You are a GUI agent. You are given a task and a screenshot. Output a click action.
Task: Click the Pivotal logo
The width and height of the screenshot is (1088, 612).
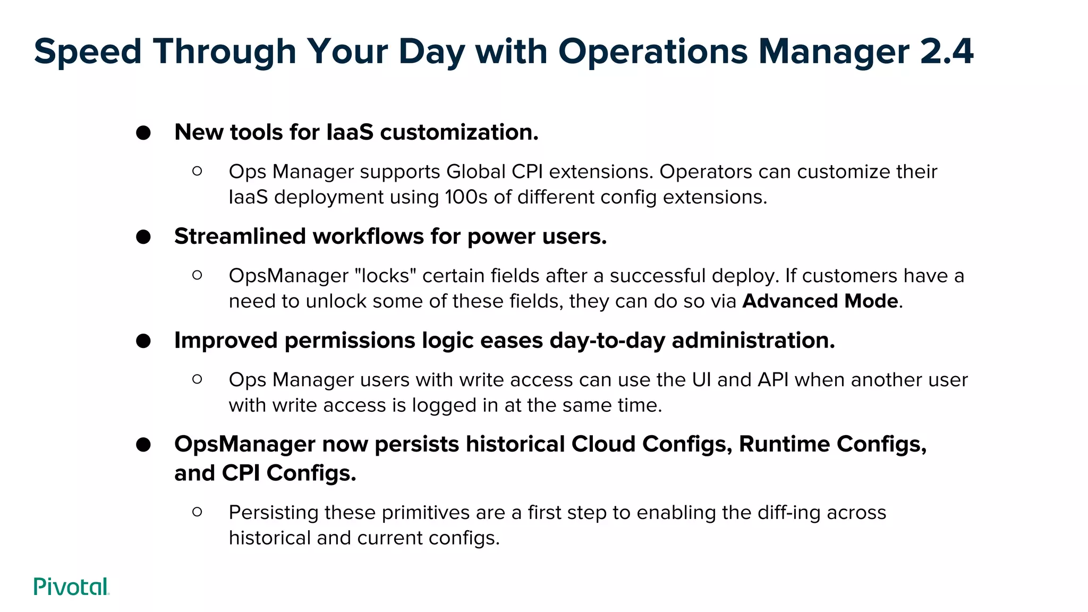(x=71, y=586)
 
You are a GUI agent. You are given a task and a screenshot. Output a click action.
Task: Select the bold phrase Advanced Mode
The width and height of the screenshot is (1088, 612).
(x=820, y=301)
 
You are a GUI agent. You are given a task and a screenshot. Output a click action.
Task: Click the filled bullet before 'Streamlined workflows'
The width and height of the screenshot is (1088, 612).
(x=143, y=237)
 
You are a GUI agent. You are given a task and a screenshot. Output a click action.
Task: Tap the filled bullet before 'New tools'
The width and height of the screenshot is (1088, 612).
(x=143, y=133)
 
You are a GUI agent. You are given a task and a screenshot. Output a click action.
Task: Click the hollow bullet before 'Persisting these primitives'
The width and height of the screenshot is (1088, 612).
(x=197, y=512)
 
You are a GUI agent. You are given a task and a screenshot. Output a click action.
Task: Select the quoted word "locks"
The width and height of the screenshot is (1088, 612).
(x=385, y=276)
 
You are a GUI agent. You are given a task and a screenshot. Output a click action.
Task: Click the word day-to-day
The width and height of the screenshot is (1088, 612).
(x=607, y=341)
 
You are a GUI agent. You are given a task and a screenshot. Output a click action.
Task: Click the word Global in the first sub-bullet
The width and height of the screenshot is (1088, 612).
(x=476, y=172)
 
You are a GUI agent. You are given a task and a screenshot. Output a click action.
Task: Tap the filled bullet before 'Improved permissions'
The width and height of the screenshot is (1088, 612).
(x=143, y=341)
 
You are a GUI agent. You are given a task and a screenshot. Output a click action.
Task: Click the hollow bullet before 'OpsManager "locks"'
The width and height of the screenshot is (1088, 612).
(x=197, y=275)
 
